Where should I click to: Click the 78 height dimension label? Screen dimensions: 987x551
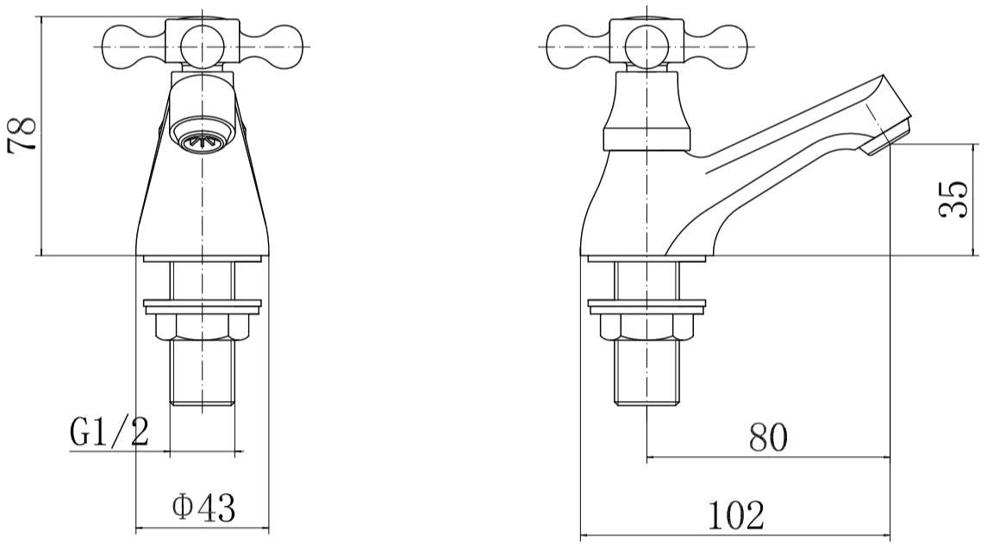coord(22,135)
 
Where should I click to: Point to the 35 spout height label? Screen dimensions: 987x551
coord(953,200)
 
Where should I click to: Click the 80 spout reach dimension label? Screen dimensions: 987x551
coord(768,437)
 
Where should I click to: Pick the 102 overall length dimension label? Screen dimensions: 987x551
coord(736,515)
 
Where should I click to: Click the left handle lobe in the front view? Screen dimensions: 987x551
coord(136,47)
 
